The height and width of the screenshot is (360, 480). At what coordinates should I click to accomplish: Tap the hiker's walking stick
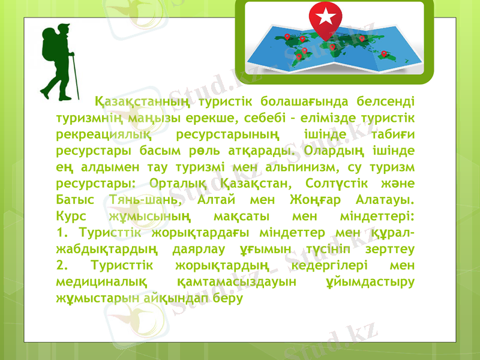pos(74,72)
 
